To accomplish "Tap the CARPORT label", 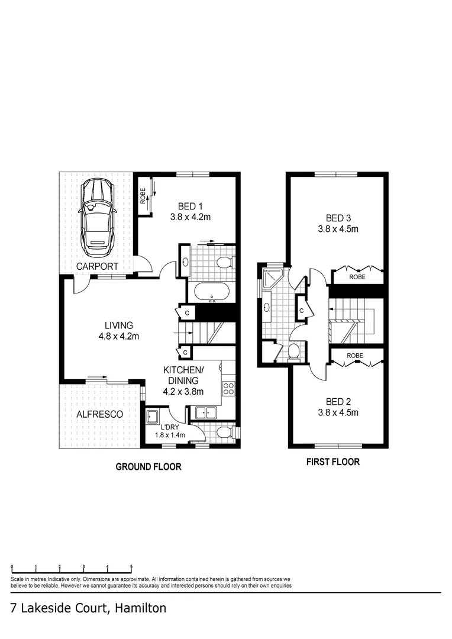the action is click(98, 266).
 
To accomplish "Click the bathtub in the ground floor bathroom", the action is click(212, 292).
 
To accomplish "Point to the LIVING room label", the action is click(118, 325).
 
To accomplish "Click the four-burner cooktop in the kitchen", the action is click(228, 388).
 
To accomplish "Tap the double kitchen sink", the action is click(205, 413).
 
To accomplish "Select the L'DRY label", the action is click(170, 428).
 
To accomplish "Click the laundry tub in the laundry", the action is click(153, 417).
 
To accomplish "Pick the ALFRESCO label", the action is click(100, 414).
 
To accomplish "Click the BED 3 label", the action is click(338, 218).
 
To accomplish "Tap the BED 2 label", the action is click(338, 402).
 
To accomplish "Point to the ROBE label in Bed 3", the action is click(357, 277).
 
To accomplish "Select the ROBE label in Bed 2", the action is click(354, 356).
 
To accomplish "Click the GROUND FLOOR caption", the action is click(148, 467).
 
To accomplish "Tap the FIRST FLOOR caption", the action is click(333, 462).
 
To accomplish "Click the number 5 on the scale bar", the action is click(131, 566).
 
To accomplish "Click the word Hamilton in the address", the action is click(141, 608).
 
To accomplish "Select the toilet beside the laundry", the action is click(224, 432).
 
